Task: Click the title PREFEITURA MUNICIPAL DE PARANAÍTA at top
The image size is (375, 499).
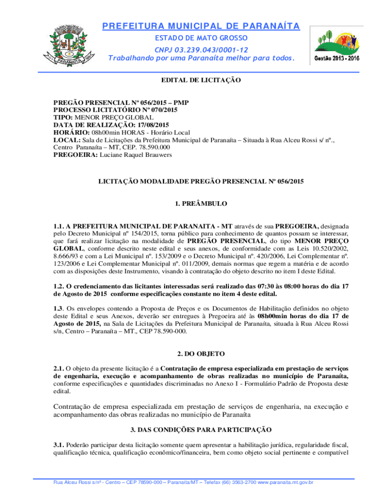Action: [x=201, y=26]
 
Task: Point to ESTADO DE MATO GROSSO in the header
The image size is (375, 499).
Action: [x=201, y=38]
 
